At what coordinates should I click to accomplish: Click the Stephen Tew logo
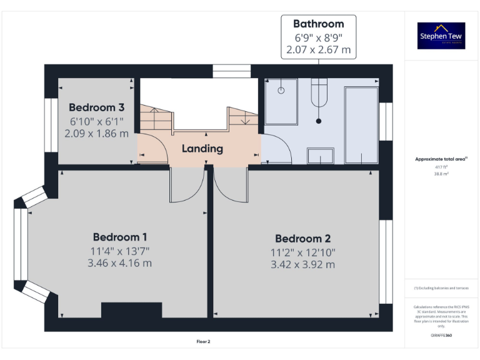click(x=441, y=36)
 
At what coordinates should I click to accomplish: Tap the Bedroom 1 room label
click(x=120, y=237)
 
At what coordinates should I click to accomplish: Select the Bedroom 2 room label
click(x=302, y=238)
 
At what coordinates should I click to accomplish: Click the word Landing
click(x=202, y=149)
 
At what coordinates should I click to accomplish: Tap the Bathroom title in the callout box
click(x=319, y=24)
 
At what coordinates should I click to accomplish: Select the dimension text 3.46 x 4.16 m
click(x=121, y=263)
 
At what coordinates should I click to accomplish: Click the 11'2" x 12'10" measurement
click(x=302, y=252)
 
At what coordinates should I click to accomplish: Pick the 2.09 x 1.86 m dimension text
click(x=96, y=133)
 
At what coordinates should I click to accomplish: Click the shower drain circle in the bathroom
click(x=281, y=90)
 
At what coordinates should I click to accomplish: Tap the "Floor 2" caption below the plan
click(x=204, y=342)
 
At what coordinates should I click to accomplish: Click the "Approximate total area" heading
click(x=441, y=159)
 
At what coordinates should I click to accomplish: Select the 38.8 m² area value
click(x=441, y=174)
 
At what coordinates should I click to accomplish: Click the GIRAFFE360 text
click(x=441, y=336)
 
